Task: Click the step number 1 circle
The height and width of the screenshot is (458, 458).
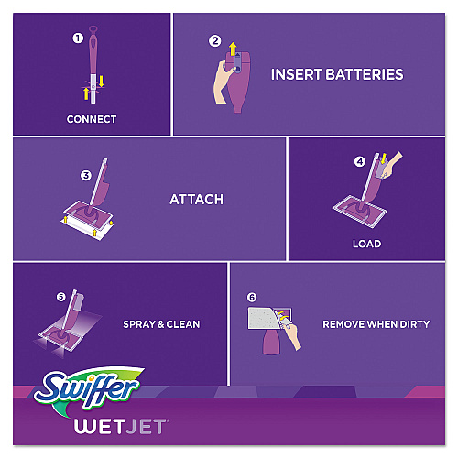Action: (x=78, y=38)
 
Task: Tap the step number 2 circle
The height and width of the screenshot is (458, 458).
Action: (x=214, y=41)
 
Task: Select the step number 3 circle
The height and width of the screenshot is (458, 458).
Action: (x=86, y=176)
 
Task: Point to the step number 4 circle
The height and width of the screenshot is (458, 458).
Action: (x=360, y=161)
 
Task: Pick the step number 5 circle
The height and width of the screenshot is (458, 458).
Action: (x=61, y=297)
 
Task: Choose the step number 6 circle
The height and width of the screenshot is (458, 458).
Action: (x=252, y=297)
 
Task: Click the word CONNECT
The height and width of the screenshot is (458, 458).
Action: (x=92, y=119)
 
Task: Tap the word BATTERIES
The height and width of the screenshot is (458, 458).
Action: (x=365, y=74)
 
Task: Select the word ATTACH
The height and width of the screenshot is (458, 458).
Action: (x=197, y=200)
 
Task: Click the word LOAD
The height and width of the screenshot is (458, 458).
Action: (x=367, y=244)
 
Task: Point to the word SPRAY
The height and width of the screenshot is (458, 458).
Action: (x=139, y=324)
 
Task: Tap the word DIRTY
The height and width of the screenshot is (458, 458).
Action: (x=414, y=324)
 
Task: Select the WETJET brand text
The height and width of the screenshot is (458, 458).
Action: (x=121, y=426)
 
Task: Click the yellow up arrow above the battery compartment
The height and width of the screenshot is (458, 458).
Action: (x=233, y=49)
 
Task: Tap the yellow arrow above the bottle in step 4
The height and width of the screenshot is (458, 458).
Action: (x=384, y=158)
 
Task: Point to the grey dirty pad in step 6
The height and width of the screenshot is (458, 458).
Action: (x=263, y=318)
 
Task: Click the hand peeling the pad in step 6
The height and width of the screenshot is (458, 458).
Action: (x=291, y=335)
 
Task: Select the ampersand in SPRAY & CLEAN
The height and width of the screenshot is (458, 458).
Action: (x=161, y=324)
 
